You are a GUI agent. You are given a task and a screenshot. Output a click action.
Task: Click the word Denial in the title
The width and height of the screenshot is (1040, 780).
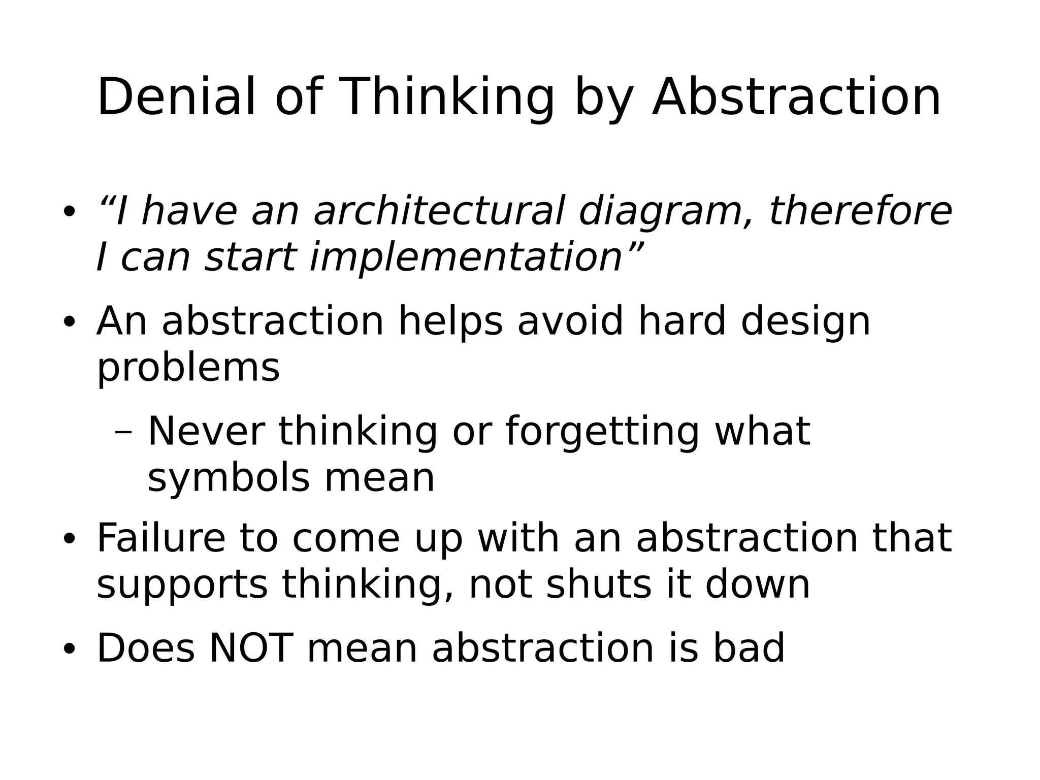(x=176, y=97)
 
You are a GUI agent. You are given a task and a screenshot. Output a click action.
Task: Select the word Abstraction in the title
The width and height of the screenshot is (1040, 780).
(x=796, y=97)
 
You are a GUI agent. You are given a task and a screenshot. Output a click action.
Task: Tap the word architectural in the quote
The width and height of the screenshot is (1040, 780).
(x=439, y=211)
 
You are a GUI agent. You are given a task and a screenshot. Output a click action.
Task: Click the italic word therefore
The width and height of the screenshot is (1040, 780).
(x=860, y=211)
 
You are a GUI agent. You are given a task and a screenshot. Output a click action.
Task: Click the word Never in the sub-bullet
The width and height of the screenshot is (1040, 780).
(x=206, y=432)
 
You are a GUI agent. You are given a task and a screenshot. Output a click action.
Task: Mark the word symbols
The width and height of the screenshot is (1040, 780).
(x=228, y=478)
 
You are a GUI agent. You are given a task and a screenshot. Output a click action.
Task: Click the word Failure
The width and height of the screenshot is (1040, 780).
(x=160, y=538)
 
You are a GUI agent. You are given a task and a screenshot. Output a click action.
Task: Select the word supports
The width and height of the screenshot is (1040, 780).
(x=182, y=586)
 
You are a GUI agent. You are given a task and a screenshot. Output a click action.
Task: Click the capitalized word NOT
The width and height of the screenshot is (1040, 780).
(x=251, y=648)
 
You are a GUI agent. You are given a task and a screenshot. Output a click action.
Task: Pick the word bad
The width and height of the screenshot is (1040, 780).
(x=749, y=648)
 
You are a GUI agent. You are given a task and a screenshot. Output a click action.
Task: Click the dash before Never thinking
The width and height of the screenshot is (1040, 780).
(x=123, y=433)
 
